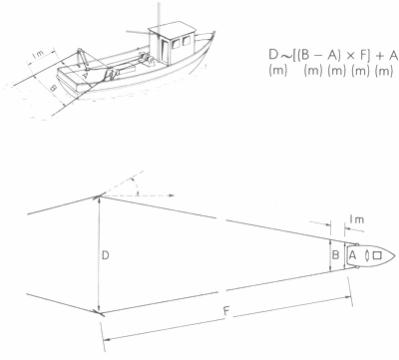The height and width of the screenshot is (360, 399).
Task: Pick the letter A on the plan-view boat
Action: tap(351, 256)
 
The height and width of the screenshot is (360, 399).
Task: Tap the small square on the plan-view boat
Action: tap(377, 256)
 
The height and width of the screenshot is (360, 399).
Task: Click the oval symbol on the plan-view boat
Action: tap(365, 256)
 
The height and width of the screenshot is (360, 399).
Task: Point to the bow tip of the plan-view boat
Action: tap(396, 256)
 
